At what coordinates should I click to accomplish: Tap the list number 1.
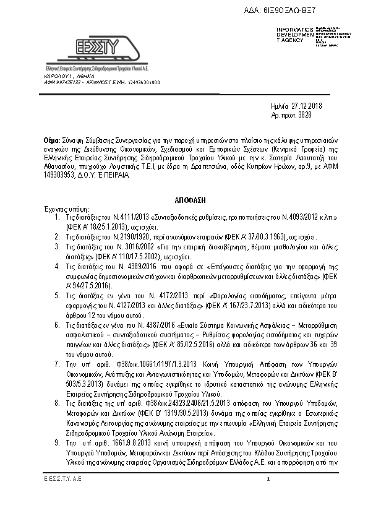(x=57, y=218)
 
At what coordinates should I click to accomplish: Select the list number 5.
(x=57, y=296)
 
